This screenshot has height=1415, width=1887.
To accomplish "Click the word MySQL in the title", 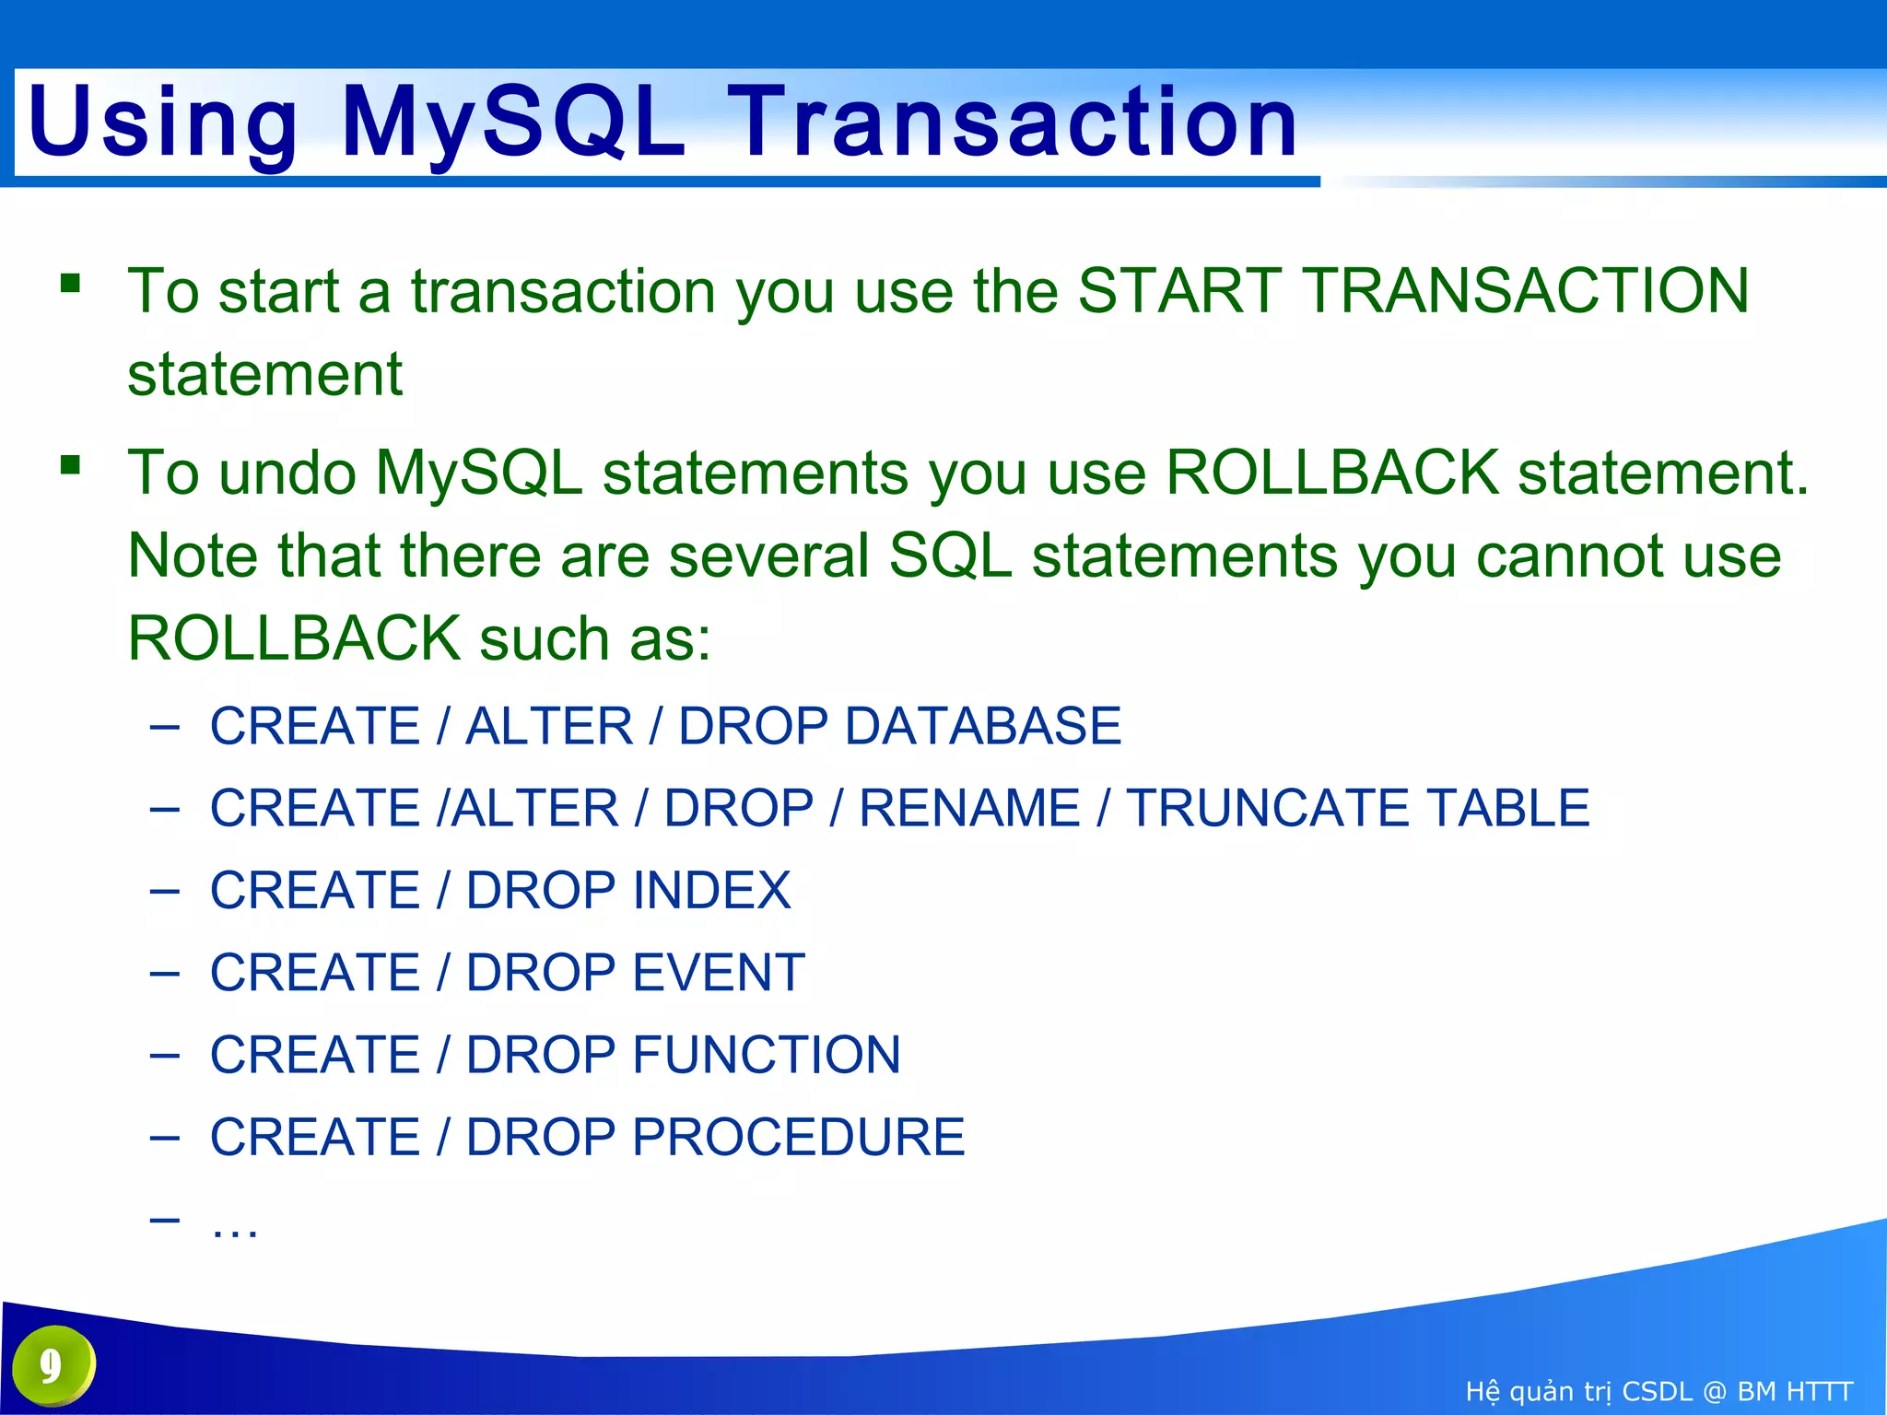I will tap(513, 123).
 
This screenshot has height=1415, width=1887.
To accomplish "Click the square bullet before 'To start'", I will tap(71, 282).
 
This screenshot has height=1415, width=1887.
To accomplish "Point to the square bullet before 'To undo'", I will tap(71, 463).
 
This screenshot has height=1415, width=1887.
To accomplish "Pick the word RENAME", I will tap(969, 808).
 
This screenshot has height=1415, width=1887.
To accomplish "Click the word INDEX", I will tap(711, 890).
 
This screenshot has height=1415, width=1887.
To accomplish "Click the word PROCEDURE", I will tap(798, 1137).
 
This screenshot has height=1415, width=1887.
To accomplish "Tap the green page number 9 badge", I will tap(53, 1365).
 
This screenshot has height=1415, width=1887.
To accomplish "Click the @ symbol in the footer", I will tap(1714, 1391).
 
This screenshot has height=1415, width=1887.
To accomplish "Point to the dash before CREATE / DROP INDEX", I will tap(164, 891).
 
